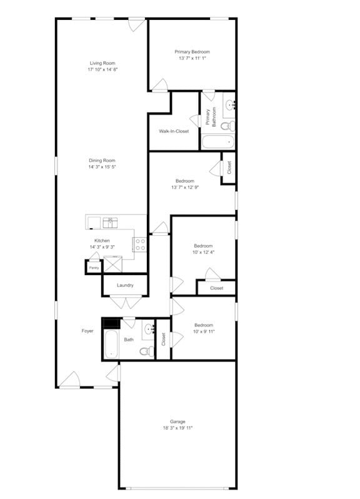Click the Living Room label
102,63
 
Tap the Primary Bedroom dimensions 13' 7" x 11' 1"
192,58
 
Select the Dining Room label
102,160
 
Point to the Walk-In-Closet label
174,131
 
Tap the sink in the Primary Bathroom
229,104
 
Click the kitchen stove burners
141,244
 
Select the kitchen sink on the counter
110,221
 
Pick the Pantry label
93,268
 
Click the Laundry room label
125,285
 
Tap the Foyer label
87,331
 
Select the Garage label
177,421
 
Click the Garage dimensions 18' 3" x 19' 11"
177,428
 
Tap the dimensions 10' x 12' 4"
203,253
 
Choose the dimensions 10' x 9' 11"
203,332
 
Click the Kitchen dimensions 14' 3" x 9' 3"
102,247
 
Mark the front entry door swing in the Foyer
70,380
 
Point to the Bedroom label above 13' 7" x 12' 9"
184,181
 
